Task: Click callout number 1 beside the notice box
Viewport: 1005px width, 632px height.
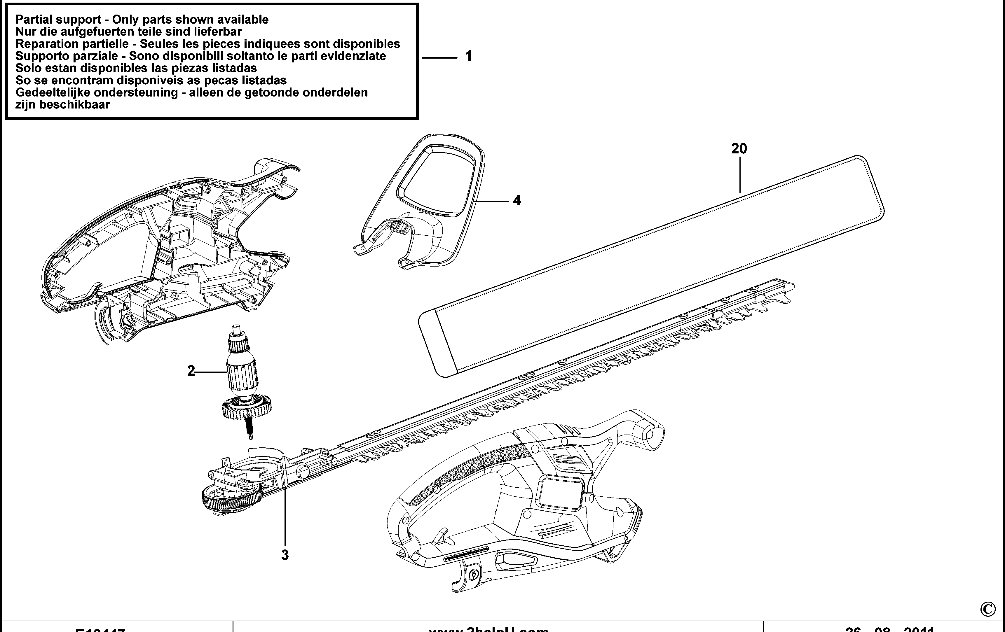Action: click(x=468, y=56)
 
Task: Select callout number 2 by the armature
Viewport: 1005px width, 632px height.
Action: click(x=191, y=370)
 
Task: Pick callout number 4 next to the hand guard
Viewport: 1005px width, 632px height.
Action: click(x=517, y=201)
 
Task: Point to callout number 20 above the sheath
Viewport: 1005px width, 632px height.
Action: click(x=739, y=148)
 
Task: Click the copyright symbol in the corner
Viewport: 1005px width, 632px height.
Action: click(x=987, y=610)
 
